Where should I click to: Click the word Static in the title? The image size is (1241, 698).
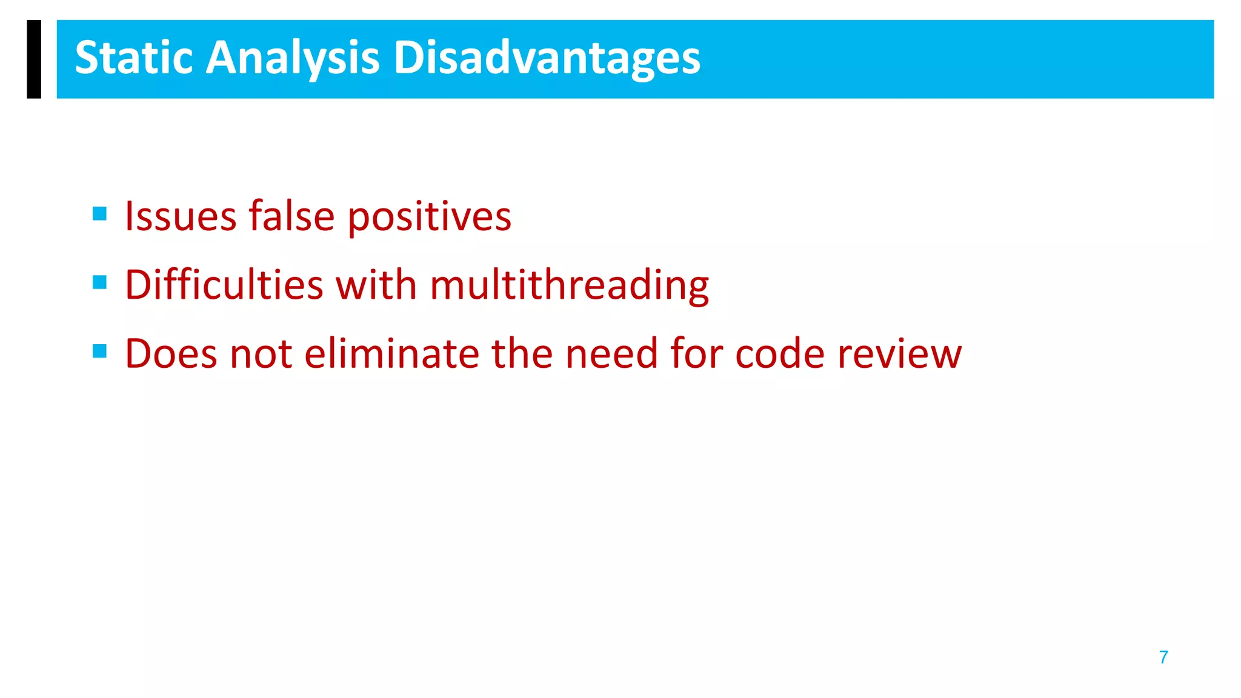click(x=133, y=58)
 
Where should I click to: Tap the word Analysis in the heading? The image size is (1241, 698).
click(x=293, y=59)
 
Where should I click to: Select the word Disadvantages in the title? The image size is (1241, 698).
click(x=547, y=59)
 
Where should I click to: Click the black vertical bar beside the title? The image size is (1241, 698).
click(x=34, y=59)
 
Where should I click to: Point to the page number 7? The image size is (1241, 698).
click(x=1163, y=657)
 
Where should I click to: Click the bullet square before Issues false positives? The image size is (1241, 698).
click(x=100, y=213)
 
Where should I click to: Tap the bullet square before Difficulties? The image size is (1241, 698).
click(x=100, y=282)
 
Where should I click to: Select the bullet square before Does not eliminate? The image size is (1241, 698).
click(x=100, y=351)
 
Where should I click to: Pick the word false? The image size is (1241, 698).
click(x=291, y=216)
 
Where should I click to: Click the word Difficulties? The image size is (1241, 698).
click(x=224, y=285)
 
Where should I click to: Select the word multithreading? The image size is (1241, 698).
click(x=569, y=286)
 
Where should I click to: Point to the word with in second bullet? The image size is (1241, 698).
click(x=376, y=285)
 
